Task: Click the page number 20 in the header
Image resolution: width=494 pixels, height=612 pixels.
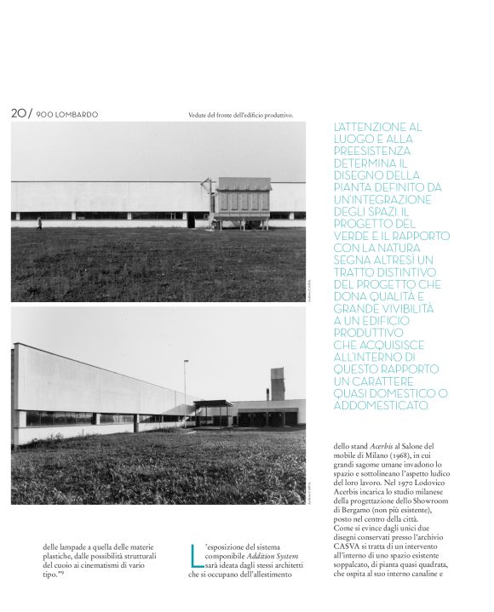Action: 18,112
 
